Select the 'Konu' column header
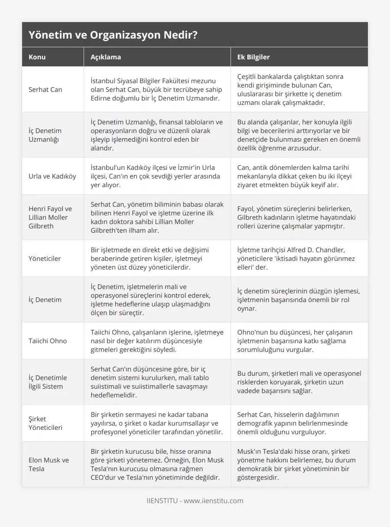[x=37, y=57]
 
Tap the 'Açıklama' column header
[x=106, y=57]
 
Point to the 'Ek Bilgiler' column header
[x=253, y=57]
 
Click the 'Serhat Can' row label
[x=45, y=90]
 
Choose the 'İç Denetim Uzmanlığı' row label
[x=45, y=135]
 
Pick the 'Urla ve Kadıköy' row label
[x=52, y=176]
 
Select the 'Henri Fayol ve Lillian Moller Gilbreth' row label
[x=50, y=217]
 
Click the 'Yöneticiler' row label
[x=45, y=259]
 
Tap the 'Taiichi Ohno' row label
[x=48, y=341]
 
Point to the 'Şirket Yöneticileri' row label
[x=45, y=423]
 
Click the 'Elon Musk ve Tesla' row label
[x=49, y=464]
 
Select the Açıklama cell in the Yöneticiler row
[x=157, y=259]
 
